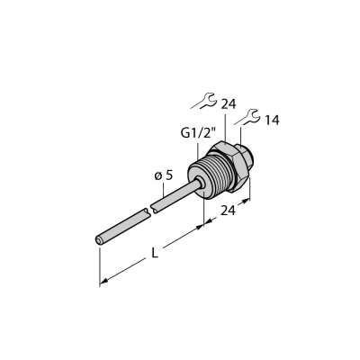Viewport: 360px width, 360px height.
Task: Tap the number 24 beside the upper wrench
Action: pos(229,104)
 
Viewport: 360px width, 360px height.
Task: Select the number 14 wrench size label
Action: pos(272,121)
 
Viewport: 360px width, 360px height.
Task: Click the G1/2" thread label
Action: pos(198,133)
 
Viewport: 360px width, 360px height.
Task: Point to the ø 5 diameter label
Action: pos(164,175)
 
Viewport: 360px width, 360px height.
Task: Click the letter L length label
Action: pos(155,254)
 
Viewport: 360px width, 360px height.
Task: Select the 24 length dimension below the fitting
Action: pos(228,211)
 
